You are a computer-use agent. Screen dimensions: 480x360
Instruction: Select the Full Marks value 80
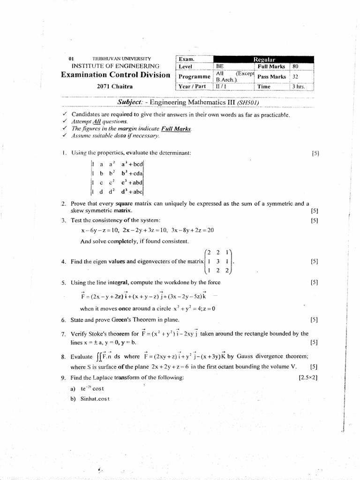coord(295,67)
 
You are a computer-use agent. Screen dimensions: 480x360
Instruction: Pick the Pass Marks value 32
coord(295,76)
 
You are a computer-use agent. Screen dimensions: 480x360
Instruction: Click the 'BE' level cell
coord(220,67)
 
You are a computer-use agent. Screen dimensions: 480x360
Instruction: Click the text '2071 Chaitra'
coord(115,86)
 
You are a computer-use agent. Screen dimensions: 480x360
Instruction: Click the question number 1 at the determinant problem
coord(63,153)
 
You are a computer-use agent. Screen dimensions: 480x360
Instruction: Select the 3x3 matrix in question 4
coord(219,262)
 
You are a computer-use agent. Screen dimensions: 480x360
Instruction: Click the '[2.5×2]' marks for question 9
coord(308,377)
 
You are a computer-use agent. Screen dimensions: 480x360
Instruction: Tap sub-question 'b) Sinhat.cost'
coord(89,398)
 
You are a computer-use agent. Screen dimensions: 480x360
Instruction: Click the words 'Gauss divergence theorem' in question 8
coord(272,356)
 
